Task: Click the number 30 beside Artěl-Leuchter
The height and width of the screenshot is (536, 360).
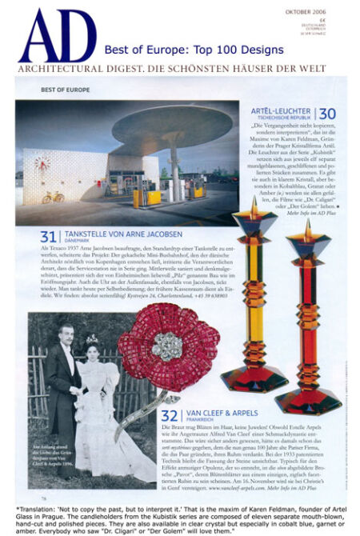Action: click(328, 114)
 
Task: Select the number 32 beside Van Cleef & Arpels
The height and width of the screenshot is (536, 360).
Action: click(169, 415)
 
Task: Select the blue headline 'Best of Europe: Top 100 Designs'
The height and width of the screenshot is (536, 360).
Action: click(194, 50)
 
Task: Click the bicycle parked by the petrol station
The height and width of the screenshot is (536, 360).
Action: click(53, 197)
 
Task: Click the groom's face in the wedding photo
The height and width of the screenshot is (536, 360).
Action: click(66, 331)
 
